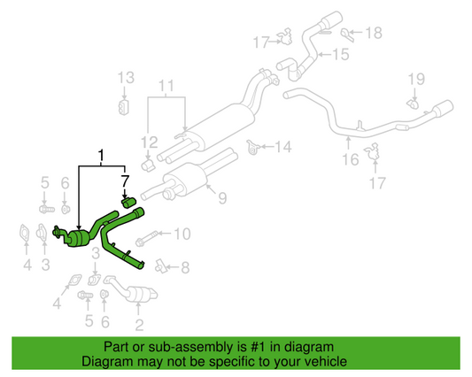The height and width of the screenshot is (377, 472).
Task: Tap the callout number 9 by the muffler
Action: point(222,197)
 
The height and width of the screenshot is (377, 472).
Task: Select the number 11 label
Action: point(167,87)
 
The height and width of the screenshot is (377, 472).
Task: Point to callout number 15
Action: point(340,55)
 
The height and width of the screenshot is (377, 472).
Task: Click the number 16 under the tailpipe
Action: point(352,159)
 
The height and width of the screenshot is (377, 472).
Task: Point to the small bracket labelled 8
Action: point(160,264)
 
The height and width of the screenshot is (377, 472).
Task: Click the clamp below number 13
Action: point(125,107)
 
